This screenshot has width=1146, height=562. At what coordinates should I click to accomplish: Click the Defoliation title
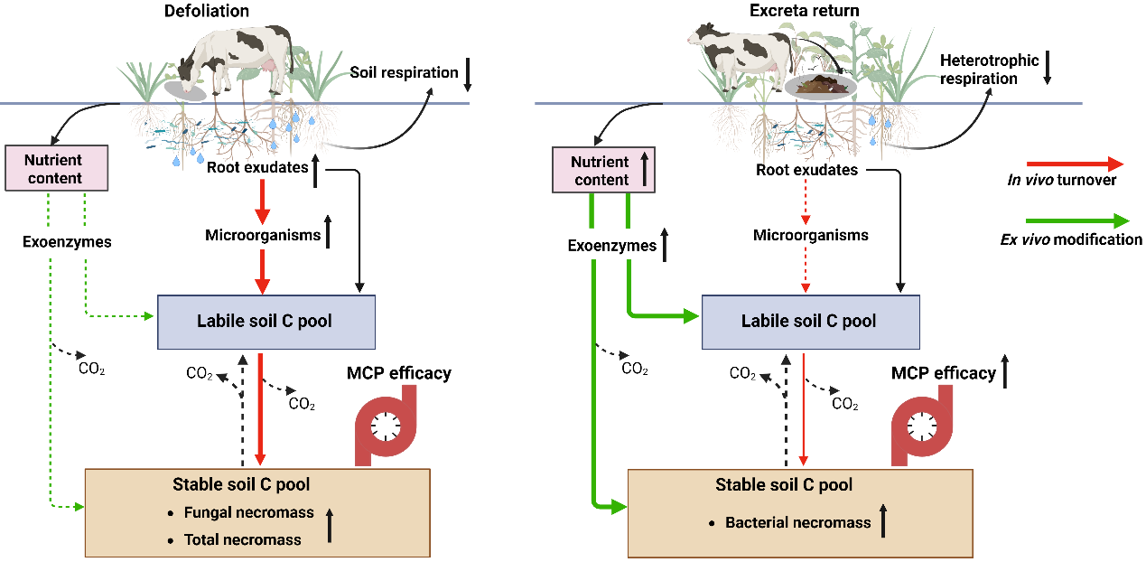(207, 11)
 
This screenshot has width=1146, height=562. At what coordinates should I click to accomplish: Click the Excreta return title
(805, 10)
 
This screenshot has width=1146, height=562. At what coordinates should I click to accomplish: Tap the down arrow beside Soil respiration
(468, 75)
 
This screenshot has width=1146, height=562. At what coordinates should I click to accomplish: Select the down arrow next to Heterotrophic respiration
(1048, 68)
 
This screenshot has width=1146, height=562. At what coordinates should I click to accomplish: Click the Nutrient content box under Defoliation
(56, 168)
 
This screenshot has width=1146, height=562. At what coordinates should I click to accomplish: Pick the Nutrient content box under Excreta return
(603, 170)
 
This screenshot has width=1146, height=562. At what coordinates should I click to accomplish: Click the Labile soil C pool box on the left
(266, 322)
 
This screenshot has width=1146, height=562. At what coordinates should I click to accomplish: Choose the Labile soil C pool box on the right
(810, 322)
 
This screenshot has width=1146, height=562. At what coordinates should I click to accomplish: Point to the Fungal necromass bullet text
(248, 512)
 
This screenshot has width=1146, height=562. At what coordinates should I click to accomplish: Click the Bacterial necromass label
(797, 522)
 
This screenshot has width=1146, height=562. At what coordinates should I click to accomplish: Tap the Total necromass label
(243, 539)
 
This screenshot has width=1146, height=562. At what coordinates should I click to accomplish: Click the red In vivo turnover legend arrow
(1075, 164)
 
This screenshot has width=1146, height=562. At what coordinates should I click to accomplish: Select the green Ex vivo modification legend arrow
(1077, 221)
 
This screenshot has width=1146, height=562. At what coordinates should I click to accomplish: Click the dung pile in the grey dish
(821, 85)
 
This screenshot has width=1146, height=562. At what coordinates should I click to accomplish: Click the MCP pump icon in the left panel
(386, 426)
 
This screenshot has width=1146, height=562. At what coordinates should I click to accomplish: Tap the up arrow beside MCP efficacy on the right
(1005, 371)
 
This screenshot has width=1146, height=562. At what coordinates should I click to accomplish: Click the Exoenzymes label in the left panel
(67, 241)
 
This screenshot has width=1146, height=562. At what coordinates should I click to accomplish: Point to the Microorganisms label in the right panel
(810, 235)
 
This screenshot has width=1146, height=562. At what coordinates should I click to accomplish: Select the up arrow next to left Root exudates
(316, 171)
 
